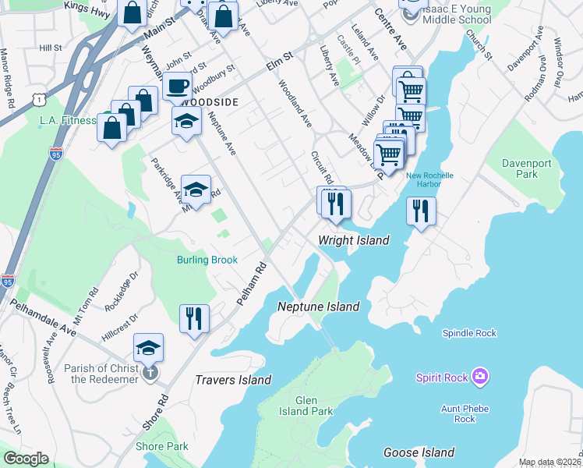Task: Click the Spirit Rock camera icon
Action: [x=481, y=378]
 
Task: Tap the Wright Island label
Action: [x=353, y=240]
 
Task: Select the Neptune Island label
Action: [x=319, y=307]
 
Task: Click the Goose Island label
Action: [x=419, y=452]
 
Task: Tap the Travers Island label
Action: [x=233, y=380]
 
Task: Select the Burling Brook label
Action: [x=207, y=260]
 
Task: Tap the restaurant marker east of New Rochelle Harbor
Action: [x=421, y=211]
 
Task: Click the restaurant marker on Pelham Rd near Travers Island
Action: [x=194, y=318]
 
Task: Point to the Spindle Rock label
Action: [x=469, y=333]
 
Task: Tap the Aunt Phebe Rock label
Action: [x=465, y=413]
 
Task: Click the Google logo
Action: [x=26, y=459]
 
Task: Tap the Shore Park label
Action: [x=162, y=446]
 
